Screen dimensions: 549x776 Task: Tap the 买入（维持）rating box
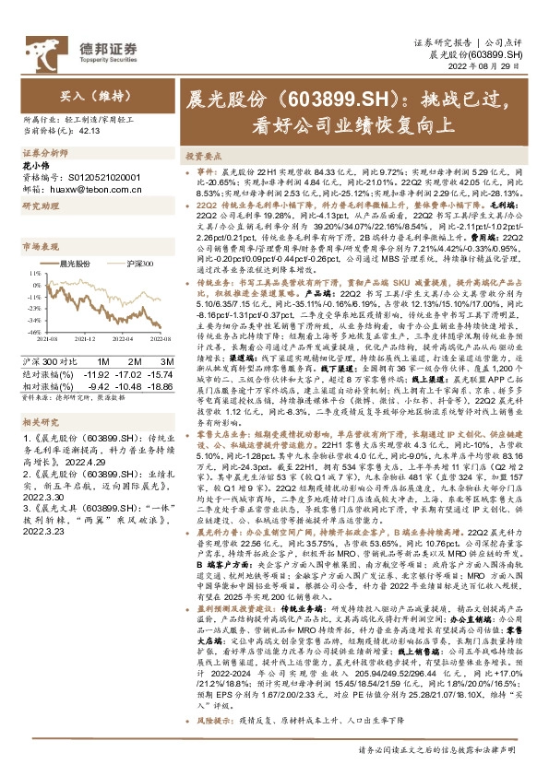pos(87,95)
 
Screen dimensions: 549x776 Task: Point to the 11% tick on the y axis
pos(33,273)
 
